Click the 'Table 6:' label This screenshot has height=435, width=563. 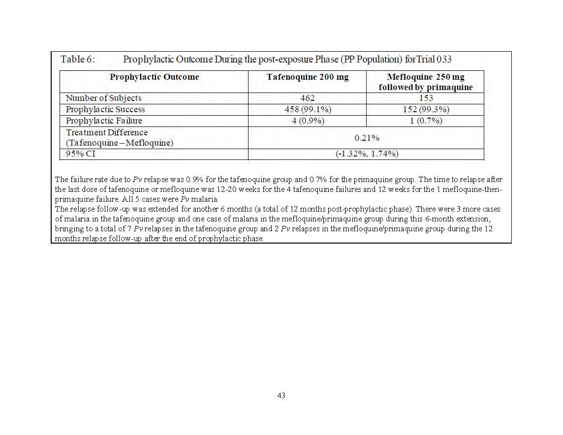point(78,60)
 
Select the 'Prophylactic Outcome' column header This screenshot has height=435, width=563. point(154,77)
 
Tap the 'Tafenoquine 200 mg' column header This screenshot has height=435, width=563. point(307,77)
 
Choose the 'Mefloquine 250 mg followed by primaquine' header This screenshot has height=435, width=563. point(425,82)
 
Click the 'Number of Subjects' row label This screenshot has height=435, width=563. point(103,98)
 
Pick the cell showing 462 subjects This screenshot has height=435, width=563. point(307,98)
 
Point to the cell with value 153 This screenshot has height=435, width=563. point(426,98)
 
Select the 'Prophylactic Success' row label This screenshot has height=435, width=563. point(105,109)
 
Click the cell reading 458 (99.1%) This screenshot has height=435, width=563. point(307,109)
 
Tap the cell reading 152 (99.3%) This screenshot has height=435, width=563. point(426,109)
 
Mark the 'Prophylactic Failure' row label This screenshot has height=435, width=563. point(104,121)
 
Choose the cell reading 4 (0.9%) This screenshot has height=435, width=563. point(308,121)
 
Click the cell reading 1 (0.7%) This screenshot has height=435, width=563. point(426,121)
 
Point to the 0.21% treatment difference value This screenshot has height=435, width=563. point(367,138)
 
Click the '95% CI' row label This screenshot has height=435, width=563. point(81,154)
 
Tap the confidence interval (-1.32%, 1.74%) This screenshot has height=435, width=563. point(367,154)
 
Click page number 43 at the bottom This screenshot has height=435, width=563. point(281,395)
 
